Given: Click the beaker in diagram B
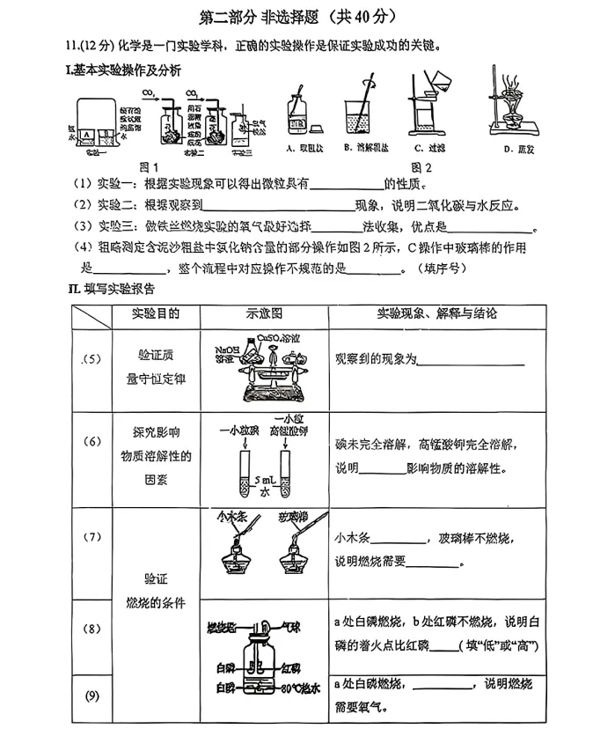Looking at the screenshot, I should [x=360, y=119].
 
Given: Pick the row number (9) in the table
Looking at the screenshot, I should [x=92, y=696].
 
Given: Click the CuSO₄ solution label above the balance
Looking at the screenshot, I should [x=276, y=337].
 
